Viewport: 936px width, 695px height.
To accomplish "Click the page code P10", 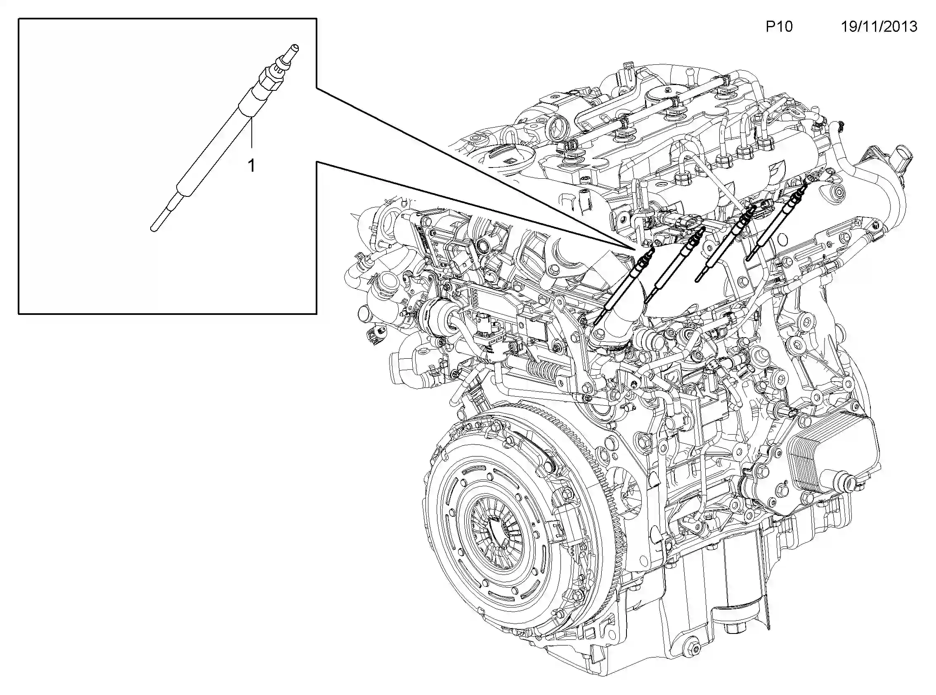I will [779, 27].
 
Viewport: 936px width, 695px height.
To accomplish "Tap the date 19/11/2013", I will [878, 27].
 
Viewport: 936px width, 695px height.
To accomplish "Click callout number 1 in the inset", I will [251, 166].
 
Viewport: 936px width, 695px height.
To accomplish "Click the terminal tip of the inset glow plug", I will [295, 47].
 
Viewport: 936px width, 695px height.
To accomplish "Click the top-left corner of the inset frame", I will [19, 19].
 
